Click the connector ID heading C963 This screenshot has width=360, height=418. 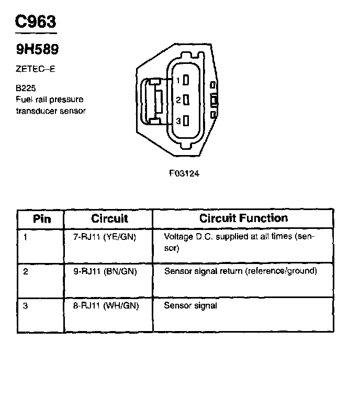(x=35, y=21)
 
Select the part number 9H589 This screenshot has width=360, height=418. (x=36, y=49)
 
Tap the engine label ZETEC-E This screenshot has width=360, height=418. (x=36, y=69)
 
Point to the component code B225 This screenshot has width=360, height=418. (x=26, y=88)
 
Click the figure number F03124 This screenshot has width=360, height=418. (x=184, y=174)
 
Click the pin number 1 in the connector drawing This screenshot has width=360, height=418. (x=178, y=81)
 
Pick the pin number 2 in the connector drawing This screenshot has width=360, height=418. (x=178, y=100)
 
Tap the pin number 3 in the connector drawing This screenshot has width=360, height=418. (x=178, y=121)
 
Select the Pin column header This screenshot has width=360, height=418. (x=42, y=218)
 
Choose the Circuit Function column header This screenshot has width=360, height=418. (x=243, y=218)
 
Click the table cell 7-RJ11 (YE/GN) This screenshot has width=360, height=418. (x=104, y=237)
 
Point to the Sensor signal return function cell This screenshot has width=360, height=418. (x=241, y=271)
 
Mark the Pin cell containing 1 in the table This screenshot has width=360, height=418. (x=25, y=237)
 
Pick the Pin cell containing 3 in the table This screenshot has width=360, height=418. (x=25, y=305)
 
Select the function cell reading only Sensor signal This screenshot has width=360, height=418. (x=190, y=305)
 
